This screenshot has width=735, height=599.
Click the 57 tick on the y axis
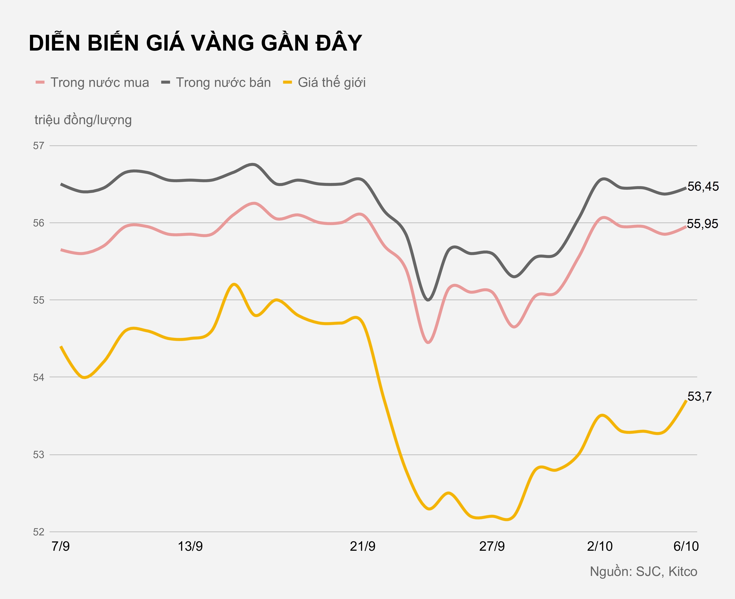pyautogui.click(x=39, y=146)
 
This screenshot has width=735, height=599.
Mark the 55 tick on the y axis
pyautogui.click(x=39, y=300)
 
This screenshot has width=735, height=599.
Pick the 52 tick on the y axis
pyautogui.click(x=39, y=532)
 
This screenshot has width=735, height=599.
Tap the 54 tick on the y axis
pyautogui.click(x=39, y=377)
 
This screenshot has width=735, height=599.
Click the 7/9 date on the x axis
pyautogui.click(x=61, y=546)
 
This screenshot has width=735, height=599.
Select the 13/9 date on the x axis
pyautogui.click(x=190, y=546)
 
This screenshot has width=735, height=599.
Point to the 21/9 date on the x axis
pyautogui.click(x=362, y=546)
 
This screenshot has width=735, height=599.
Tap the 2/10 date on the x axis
pyautogui.click(x=600, y=546)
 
